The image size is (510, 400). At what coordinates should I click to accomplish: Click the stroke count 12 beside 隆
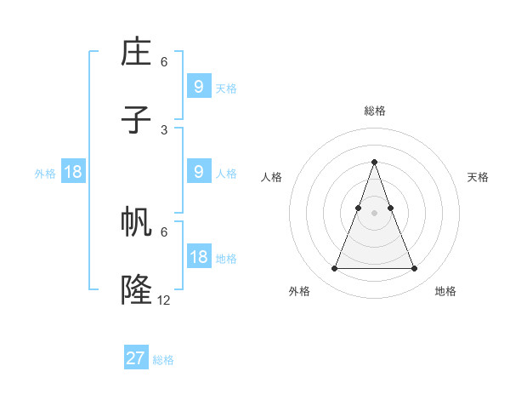click(164, 300)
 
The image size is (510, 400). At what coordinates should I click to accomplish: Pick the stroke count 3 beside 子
click(164, 129)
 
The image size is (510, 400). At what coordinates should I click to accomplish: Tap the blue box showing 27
click(136, 358)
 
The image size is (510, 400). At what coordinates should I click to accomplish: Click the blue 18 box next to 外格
click(73, 172)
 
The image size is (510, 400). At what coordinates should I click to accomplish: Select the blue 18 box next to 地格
click(199, 257)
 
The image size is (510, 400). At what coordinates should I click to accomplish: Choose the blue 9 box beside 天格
click(199, 87)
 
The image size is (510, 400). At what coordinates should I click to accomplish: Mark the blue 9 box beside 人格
click(199, 172)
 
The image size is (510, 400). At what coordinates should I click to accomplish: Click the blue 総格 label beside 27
click(164, 360)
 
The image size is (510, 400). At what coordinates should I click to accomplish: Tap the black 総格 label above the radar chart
click(375, 111)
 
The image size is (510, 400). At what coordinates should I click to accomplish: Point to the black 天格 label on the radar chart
click(478, 177)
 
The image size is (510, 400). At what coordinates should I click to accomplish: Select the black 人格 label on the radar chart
click(272, 177)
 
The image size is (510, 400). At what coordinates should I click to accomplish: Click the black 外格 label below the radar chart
click(299, 292)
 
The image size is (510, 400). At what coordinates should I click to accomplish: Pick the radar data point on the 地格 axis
click(415, 269)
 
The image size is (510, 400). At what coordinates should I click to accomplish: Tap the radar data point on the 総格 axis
click(374, 162)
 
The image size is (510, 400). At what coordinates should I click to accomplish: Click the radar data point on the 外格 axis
click(334, 269)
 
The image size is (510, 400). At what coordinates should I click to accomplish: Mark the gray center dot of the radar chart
click(374, 213)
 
